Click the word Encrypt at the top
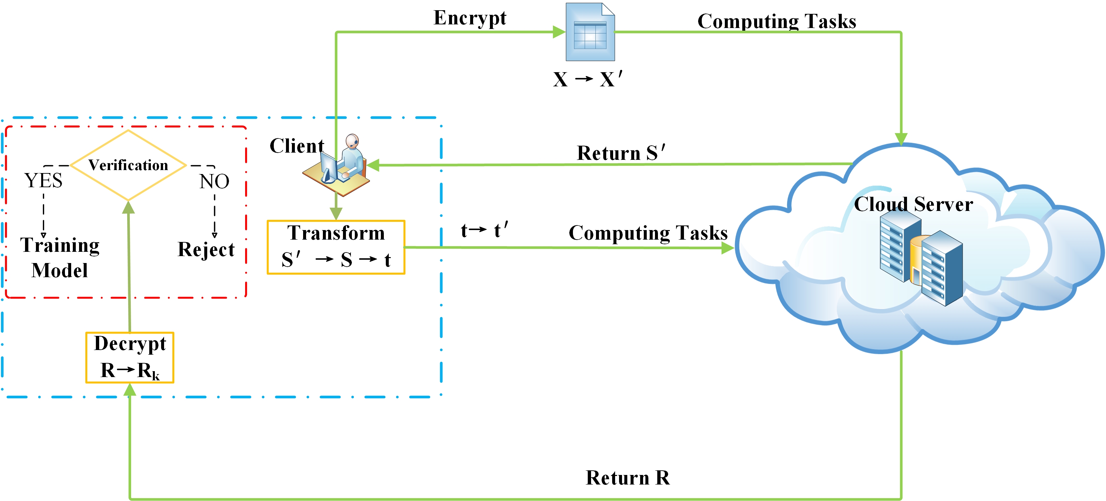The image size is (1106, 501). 470,18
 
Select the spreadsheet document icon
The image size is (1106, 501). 590,33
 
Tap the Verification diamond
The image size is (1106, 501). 128,165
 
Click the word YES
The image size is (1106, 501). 43,181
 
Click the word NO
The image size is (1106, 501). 214,181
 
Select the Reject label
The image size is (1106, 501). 206,249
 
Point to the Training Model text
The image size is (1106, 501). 60,257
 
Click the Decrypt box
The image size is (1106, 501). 130,357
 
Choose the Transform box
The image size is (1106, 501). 336,247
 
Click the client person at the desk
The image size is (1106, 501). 339,165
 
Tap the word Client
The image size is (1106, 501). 296,146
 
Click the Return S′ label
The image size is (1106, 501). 620,153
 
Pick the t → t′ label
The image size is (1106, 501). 484,230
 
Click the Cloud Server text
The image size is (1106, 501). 913,204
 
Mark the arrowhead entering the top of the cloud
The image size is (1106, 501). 901,138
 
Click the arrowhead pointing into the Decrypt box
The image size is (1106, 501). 130,389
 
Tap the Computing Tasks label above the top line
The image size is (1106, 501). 776,21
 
